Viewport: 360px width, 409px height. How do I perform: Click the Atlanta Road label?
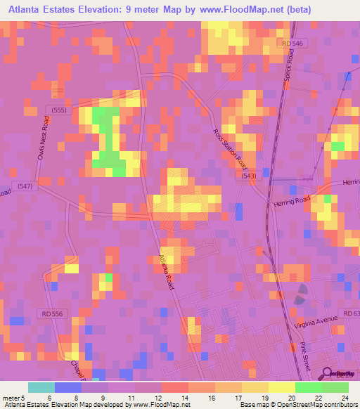167,272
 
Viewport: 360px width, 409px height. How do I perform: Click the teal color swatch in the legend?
41,387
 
